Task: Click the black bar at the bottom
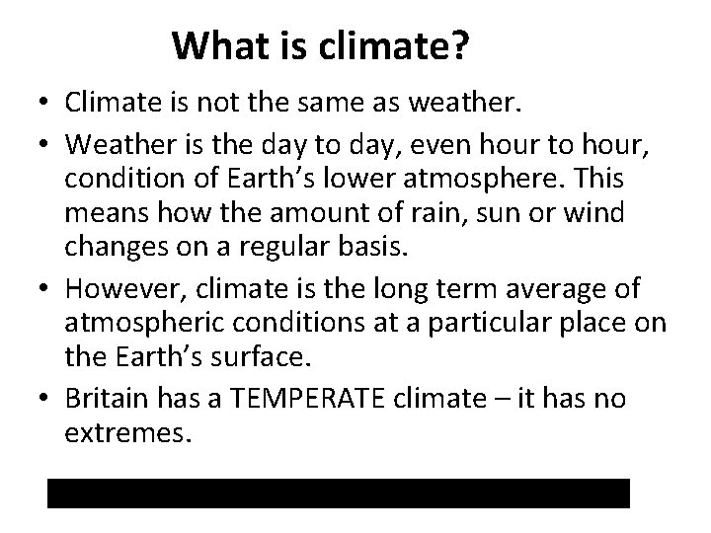pos(338,493)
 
